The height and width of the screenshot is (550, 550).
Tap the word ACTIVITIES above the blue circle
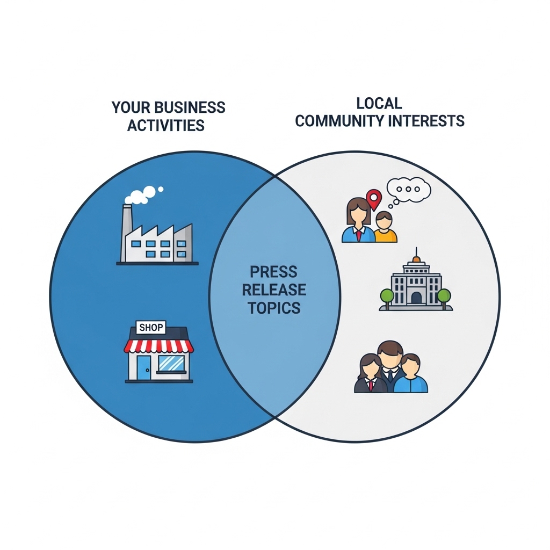click(166, 125)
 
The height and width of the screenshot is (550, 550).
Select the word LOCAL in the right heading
click(379, 103)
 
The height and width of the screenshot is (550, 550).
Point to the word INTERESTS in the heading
click(426, 121)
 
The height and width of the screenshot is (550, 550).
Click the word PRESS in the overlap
click(273, 272)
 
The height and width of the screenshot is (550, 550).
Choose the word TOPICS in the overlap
click(274, 308)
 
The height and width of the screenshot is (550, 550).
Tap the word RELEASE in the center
click(274, 290)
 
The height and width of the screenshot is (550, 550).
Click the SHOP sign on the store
click(151, 328)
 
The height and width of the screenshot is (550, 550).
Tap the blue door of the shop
click(143, 367)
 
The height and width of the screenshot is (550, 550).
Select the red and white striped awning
click(158, 346)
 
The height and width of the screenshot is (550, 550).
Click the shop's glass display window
click(171, 364)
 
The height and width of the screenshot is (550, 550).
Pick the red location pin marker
click(374, 199)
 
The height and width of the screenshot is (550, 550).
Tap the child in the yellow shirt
click(385, 227)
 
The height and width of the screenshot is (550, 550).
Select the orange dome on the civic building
click(416, 259)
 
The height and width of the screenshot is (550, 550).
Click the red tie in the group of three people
click(371, 386)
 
